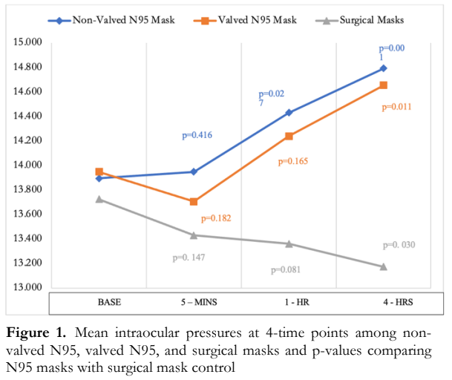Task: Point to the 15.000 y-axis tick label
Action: click(26, 43)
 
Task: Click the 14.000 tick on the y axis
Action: click(26, 165)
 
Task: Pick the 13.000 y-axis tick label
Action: click(26, 287)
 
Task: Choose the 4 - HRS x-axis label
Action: click(383, 303)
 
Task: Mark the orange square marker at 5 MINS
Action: click(194, 202)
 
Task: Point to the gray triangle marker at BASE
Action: click(99, 199)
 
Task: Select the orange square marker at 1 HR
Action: click(289, 137)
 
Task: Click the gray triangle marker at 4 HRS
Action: click(384, 266)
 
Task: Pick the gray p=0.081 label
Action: click(286, 269)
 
